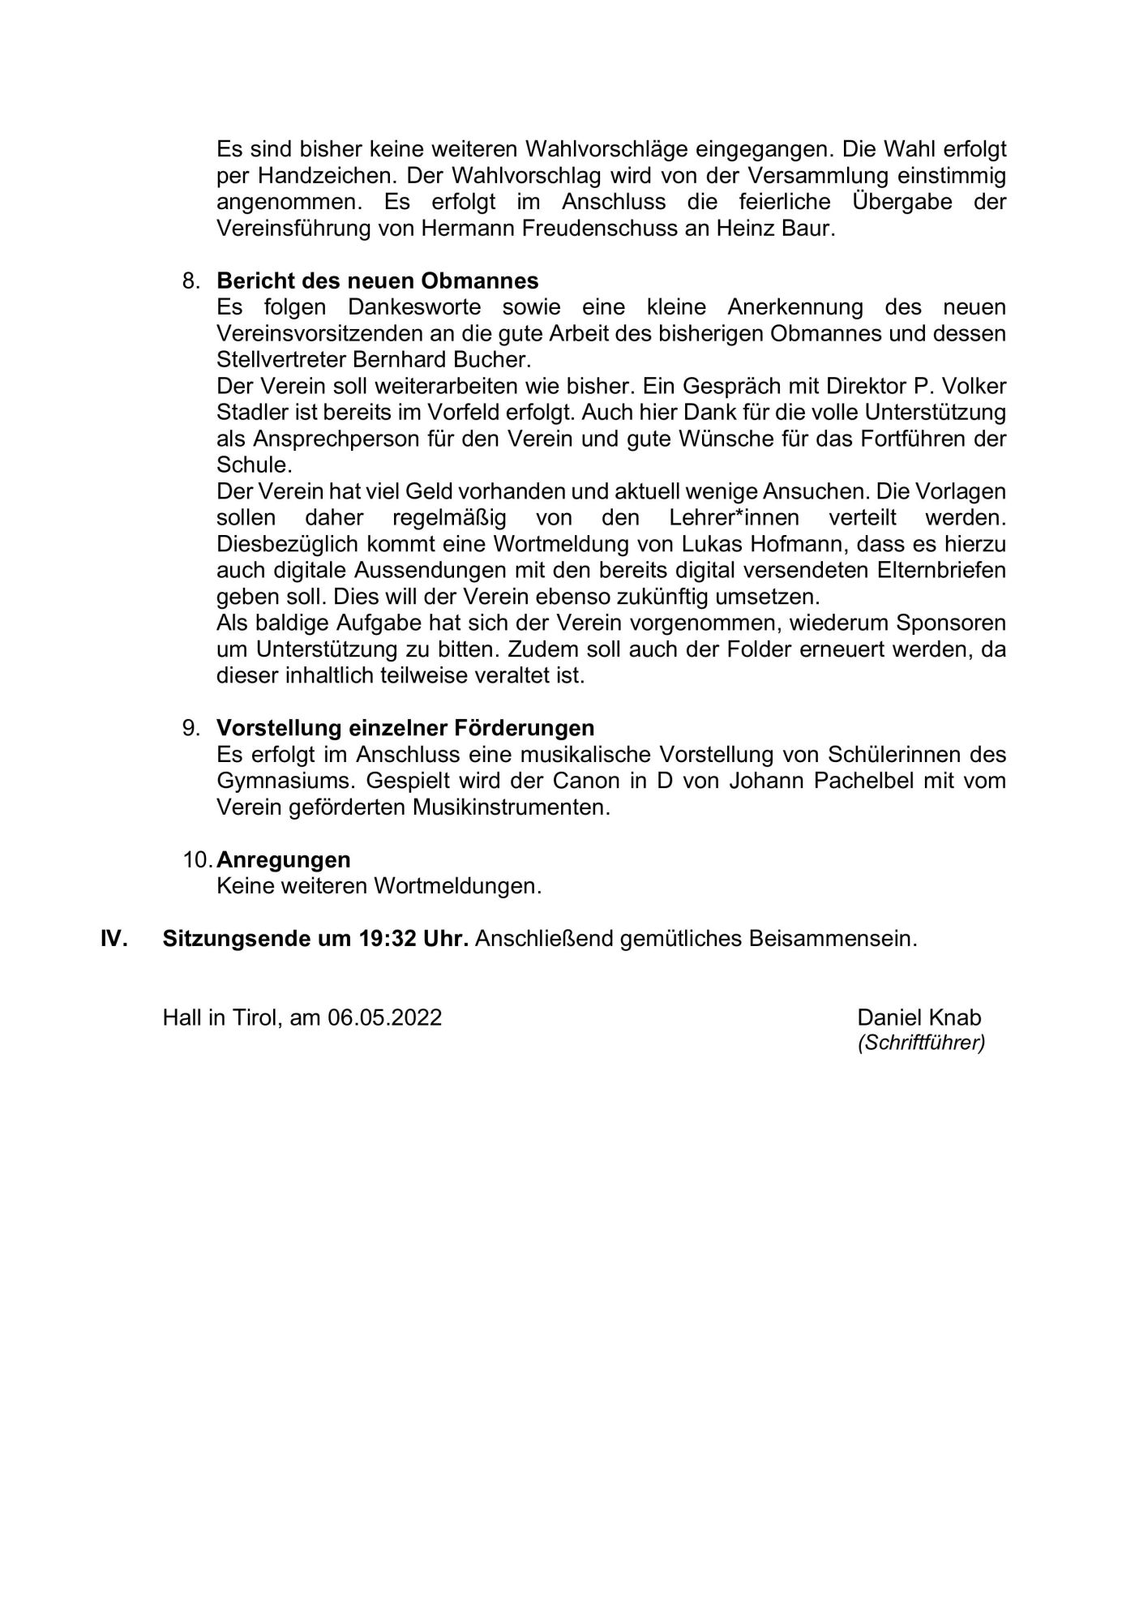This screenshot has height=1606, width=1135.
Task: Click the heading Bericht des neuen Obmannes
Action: (x=377, y=281)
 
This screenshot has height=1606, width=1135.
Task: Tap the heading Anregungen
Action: (x=284, y=859)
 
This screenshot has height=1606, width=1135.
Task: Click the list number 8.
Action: (x=191, y=281)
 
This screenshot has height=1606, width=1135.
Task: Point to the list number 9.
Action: (x=191, y=728)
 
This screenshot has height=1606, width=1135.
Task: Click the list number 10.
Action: (x=197, y=859)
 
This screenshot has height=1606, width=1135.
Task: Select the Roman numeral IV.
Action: (x=113, y=939)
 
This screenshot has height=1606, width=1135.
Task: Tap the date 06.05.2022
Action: (x=385, y=1017)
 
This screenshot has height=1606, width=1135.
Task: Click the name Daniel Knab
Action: (x=919, y=1017)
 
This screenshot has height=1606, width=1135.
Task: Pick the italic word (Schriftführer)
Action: (x=921, y=1043)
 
